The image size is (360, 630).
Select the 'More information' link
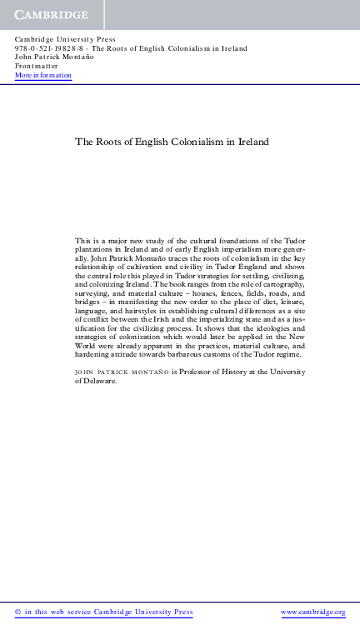tap(43, 76)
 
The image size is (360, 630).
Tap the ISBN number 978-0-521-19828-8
tap(48, 48)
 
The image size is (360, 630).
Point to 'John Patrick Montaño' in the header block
tap(53, 57)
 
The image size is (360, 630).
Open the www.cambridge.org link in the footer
tap(312, 612)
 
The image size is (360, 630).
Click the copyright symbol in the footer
tap(18, 612)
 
